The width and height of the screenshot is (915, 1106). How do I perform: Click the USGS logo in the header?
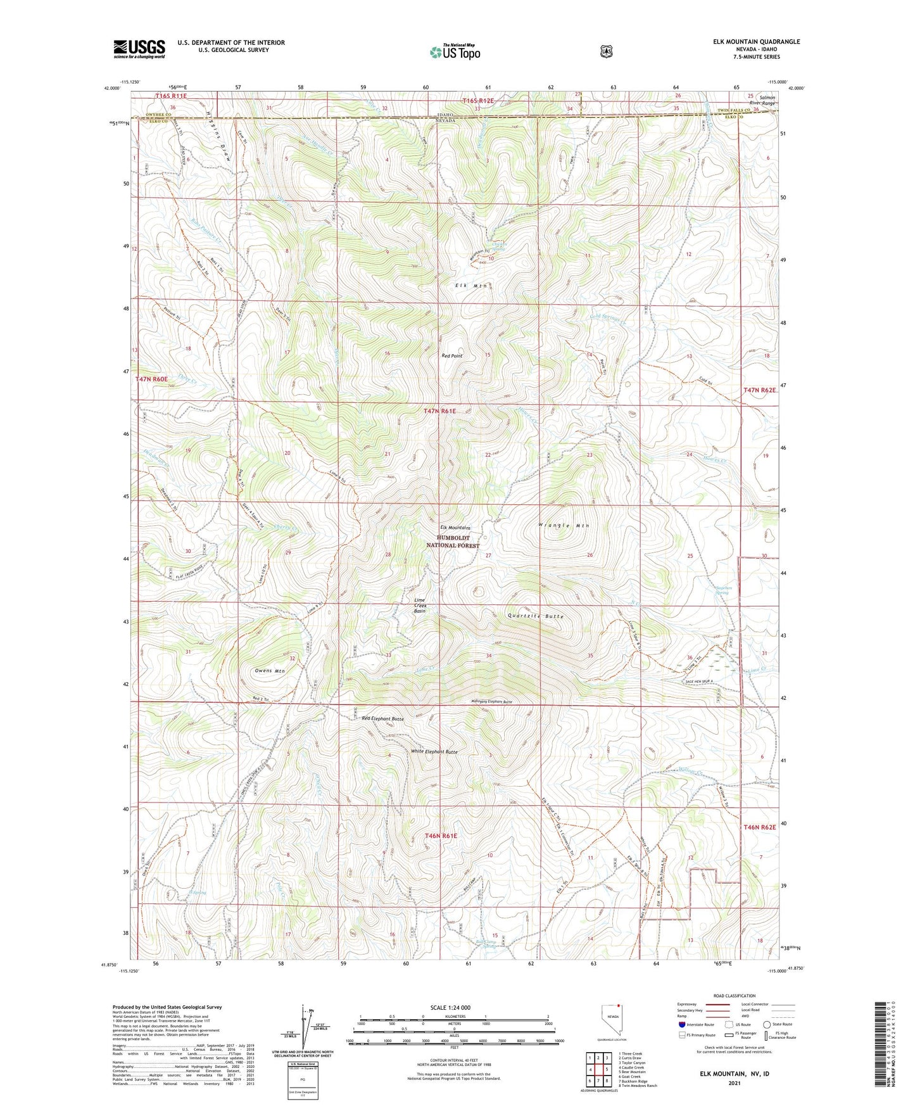pos(139,49)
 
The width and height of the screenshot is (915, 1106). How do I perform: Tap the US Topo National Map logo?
pos(455,53)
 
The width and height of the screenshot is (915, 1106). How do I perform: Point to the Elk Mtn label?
pos(472,286)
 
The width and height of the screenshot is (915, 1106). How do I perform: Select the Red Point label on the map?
pos(451,356)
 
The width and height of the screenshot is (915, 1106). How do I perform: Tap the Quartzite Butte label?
pos(535,616)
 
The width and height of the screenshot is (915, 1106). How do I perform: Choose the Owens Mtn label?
pos(269,670)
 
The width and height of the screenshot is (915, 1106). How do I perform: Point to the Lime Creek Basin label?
pos(420,605)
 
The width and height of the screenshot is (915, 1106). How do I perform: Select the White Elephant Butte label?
pos(434,751)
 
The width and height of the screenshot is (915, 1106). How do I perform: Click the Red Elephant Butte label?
pos(382,718)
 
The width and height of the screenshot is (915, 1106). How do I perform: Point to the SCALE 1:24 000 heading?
pos(450,1007)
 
